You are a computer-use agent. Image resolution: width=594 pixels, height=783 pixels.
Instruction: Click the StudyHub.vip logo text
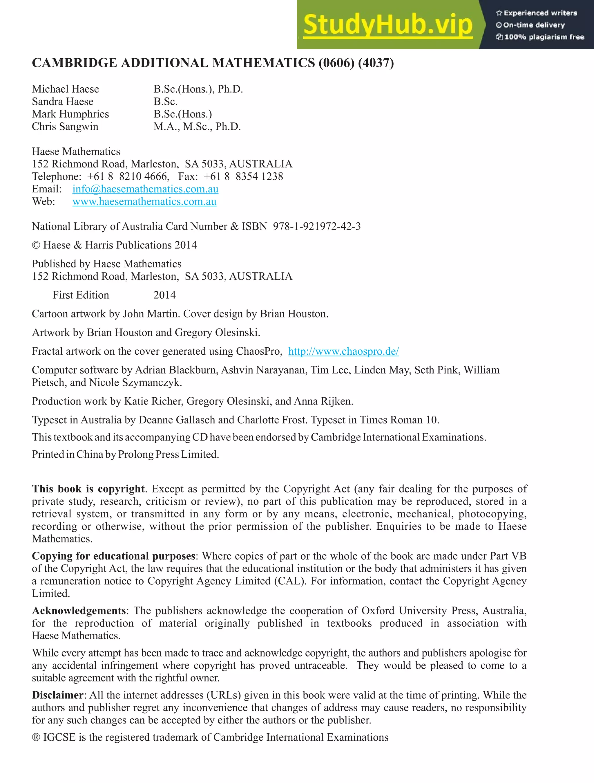pos(388,25)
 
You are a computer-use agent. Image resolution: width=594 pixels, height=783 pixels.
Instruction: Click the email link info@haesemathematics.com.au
pos(145,189)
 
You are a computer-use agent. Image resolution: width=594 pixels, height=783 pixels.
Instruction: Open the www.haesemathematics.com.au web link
pos(144,201)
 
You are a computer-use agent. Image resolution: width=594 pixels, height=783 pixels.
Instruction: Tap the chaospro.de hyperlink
pos(343,351)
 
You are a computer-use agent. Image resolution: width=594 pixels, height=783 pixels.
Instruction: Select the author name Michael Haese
pos(66,89)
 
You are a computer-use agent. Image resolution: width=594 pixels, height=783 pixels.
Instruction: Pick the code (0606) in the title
pos(336,63)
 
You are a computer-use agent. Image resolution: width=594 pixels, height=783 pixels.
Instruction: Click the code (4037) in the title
pos(376,63)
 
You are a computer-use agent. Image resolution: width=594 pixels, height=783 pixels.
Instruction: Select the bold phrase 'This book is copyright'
pos(88,489)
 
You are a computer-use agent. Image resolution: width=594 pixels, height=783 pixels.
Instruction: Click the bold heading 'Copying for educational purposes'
pos(113,556)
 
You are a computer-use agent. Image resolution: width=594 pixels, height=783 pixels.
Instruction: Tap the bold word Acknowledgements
pos(79,611)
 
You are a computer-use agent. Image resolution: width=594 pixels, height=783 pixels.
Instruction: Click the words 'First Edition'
pos(81,295)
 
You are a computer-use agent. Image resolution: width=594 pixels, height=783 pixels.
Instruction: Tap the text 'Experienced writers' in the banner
pos(540,13)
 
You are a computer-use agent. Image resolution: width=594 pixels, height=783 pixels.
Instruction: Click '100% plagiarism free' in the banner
pos(544,37)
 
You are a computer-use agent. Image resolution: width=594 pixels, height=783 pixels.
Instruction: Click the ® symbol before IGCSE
pos(36,737)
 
